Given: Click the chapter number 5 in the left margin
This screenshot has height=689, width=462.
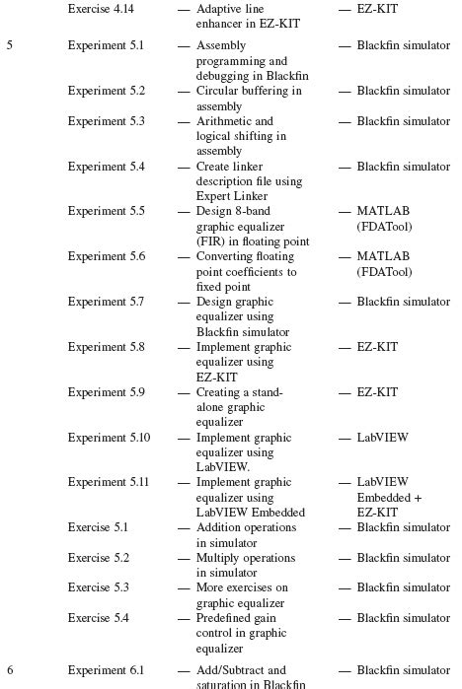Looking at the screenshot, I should pos(10,45).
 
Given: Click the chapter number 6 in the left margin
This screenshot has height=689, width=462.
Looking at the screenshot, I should pos(10,670).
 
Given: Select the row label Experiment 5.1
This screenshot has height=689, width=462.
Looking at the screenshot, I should pos(106,45).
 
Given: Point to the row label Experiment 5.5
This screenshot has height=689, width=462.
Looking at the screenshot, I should pos(106,211).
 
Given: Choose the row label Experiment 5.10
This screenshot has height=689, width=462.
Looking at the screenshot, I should pos(109,437).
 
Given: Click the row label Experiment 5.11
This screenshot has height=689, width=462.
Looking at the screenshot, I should pos(109,482).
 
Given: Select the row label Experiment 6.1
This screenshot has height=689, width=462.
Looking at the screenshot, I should pos(106,670).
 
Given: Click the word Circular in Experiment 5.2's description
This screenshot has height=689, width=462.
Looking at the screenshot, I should pos(218,91).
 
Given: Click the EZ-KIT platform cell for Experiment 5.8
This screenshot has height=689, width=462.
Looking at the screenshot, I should pos(377,347).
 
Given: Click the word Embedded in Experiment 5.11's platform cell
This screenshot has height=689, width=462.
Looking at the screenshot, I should pos(384,498).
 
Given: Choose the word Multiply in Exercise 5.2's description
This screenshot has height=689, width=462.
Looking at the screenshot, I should pos(218,558).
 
